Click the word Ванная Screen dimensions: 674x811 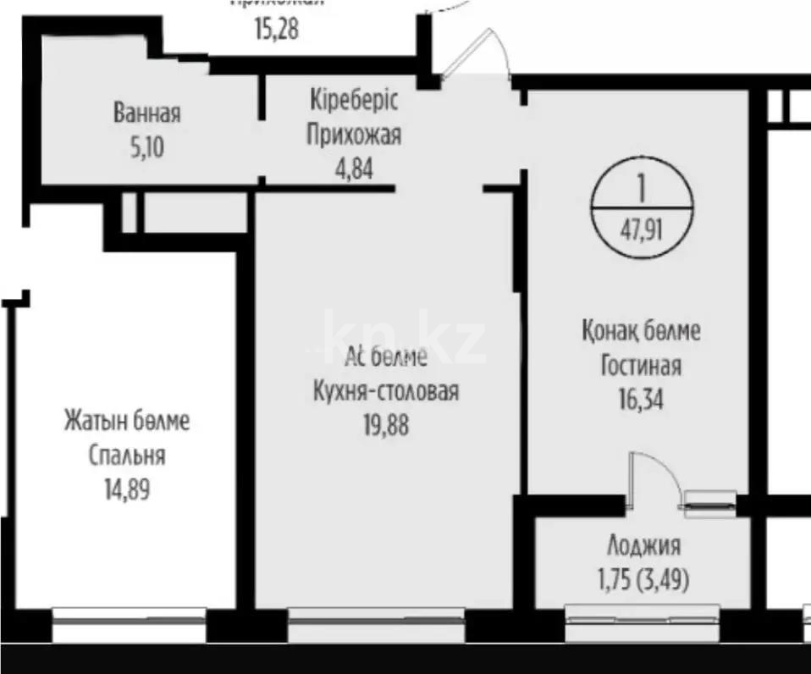pyautogui.click(x=147, y=113)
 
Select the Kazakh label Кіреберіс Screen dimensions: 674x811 pyautogui.click(x=353, y=100)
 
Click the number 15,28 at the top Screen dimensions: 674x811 pyautogui.click(x=277, y=30)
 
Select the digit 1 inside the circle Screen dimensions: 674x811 pyautogui.click(x=642, y=187)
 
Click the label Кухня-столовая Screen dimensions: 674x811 pyautogui.click(x=385, y=393)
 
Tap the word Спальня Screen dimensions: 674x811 pyautogui.click(x=127, y=456)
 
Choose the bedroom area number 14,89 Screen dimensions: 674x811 pyautogui.click(x=127, y=489)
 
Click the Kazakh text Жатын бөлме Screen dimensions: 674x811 pyautogui.click(x=127, y=421)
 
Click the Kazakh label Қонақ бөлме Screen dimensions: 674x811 pyautogui.click(x=641, y=331)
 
